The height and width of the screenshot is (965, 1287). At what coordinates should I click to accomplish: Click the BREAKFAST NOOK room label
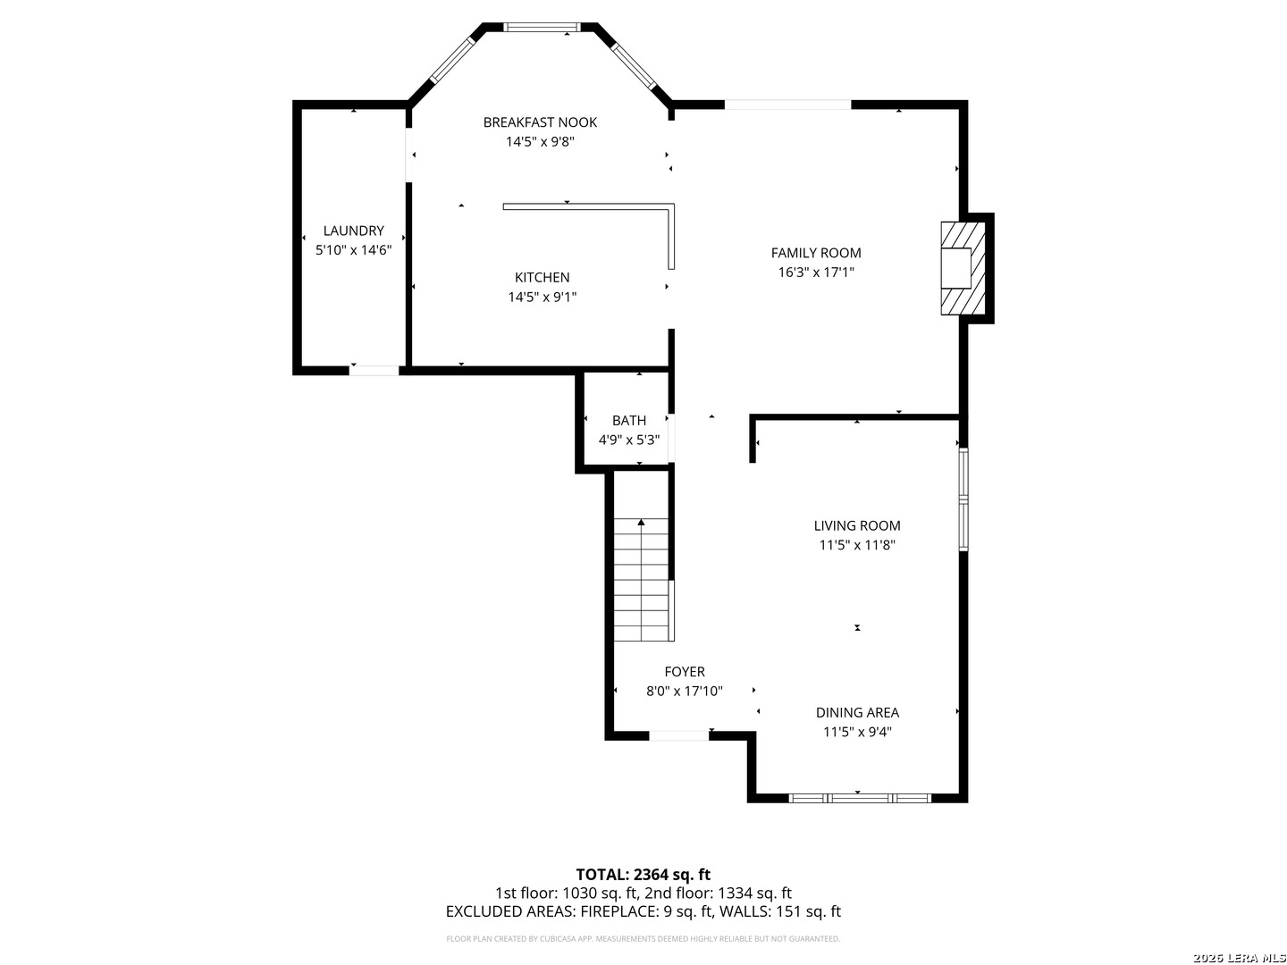[540, 122]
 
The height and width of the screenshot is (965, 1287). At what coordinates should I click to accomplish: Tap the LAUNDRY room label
[354, 231]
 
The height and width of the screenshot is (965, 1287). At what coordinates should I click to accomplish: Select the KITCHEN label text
[542, 278]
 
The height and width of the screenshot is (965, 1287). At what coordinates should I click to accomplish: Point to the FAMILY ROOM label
[816, 253]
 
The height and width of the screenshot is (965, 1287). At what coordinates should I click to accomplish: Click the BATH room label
[628, 421]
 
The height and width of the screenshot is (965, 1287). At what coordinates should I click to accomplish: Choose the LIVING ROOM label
[856, 526]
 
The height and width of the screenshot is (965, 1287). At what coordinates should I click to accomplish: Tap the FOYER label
[685, 672]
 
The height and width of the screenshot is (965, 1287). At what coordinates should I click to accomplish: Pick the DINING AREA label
[856, 713]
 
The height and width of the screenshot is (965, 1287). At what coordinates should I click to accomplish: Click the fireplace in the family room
[963, 268]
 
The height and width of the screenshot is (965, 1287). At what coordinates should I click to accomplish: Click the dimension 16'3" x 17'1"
[816, 273]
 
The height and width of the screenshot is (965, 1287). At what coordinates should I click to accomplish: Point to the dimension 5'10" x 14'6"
[354, 250]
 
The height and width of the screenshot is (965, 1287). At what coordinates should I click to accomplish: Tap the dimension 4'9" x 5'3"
[628, 440]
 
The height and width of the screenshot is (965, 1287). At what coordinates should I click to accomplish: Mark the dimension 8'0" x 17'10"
[685, 692]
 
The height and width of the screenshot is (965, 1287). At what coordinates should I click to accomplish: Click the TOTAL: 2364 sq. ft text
[643, 875]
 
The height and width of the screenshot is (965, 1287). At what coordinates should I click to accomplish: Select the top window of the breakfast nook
[542, 27]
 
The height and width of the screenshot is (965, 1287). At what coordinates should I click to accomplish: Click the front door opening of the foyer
[678, 736]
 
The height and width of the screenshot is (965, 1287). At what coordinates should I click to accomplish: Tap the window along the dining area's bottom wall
[860, 798]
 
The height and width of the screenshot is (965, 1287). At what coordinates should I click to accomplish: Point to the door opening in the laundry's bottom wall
[374, 371]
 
